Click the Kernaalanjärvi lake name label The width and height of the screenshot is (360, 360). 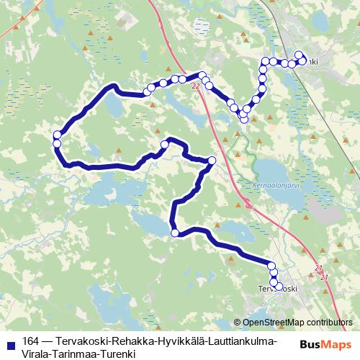click(276, 184)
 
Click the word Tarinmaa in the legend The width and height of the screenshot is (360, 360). click(74, 354)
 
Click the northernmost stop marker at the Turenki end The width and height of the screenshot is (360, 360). click(300, 55)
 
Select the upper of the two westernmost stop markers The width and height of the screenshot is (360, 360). click(57, 135)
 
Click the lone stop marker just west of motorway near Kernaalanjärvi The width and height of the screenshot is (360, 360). click(211, 161)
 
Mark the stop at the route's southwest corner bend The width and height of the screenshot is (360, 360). click(174, 232)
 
